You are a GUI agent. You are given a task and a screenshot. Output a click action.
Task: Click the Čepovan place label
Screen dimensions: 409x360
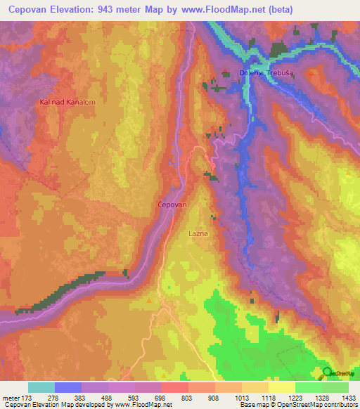click(172, 204)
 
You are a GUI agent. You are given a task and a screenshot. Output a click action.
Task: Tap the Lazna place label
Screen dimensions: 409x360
click(198, 231)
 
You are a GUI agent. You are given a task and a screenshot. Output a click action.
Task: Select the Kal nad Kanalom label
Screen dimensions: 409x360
click(67, 102)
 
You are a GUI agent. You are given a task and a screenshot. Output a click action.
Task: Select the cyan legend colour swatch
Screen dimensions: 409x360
click(41, 387)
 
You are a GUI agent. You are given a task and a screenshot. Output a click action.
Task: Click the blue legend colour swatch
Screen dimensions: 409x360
click(68, 387)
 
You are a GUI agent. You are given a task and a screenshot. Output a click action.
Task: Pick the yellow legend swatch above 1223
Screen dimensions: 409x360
click(282, 387)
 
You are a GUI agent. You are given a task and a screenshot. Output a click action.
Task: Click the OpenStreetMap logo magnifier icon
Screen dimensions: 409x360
click(327, 372)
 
